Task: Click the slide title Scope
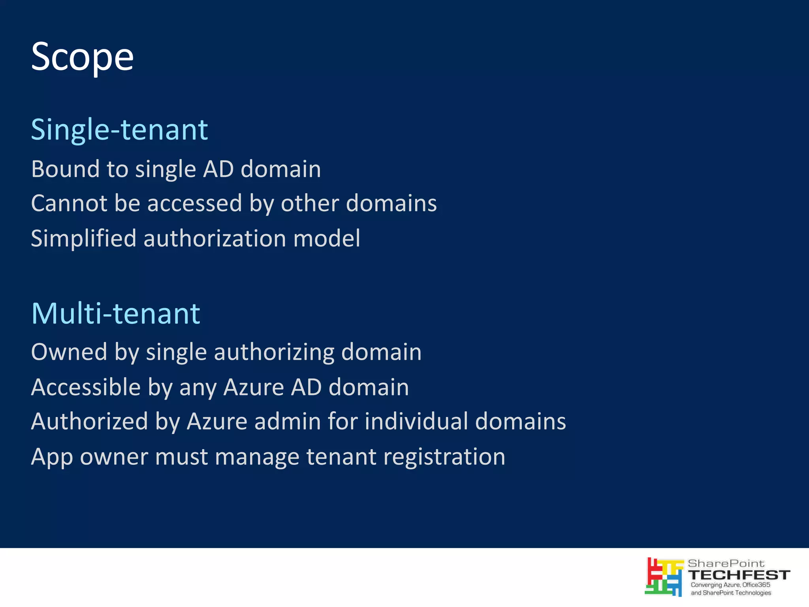pyautogui.click(x=82, y=57)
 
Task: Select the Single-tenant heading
pyautogui.click(x=119, y=130)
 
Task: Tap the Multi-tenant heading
pyautogui.click(x=116, y=313)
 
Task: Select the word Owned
pyautogui.click(x=69, y=352)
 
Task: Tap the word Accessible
pyautogui.click(x=86, y=387)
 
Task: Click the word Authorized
pyautogui.click(x=90, y=421)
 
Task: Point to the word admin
pyautogui.click(x=287, y=421)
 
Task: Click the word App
pyautogui.click(x=52, y=457)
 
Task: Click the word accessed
pyautogui.click(x=194, y=203)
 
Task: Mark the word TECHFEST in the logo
pyautogui.click(x=739, y=575)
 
